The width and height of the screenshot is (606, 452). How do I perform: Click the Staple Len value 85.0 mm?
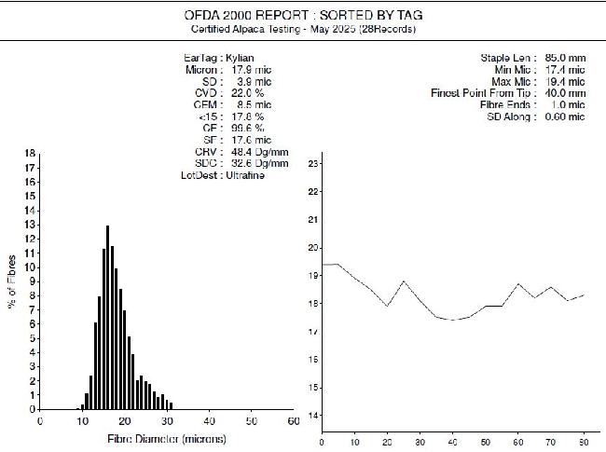(x=563, y=58)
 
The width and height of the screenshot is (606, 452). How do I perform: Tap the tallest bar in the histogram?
(x=108, y=317)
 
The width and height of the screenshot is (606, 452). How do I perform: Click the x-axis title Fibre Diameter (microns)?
(x=165, y=438)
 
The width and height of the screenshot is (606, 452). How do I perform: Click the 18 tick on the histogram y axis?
(x=31, y=153)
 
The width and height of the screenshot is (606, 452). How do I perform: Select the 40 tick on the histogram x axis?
(x=208, y=421)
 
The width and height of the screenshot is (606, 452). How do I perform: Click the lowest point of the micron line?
(x=453, y=320)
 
